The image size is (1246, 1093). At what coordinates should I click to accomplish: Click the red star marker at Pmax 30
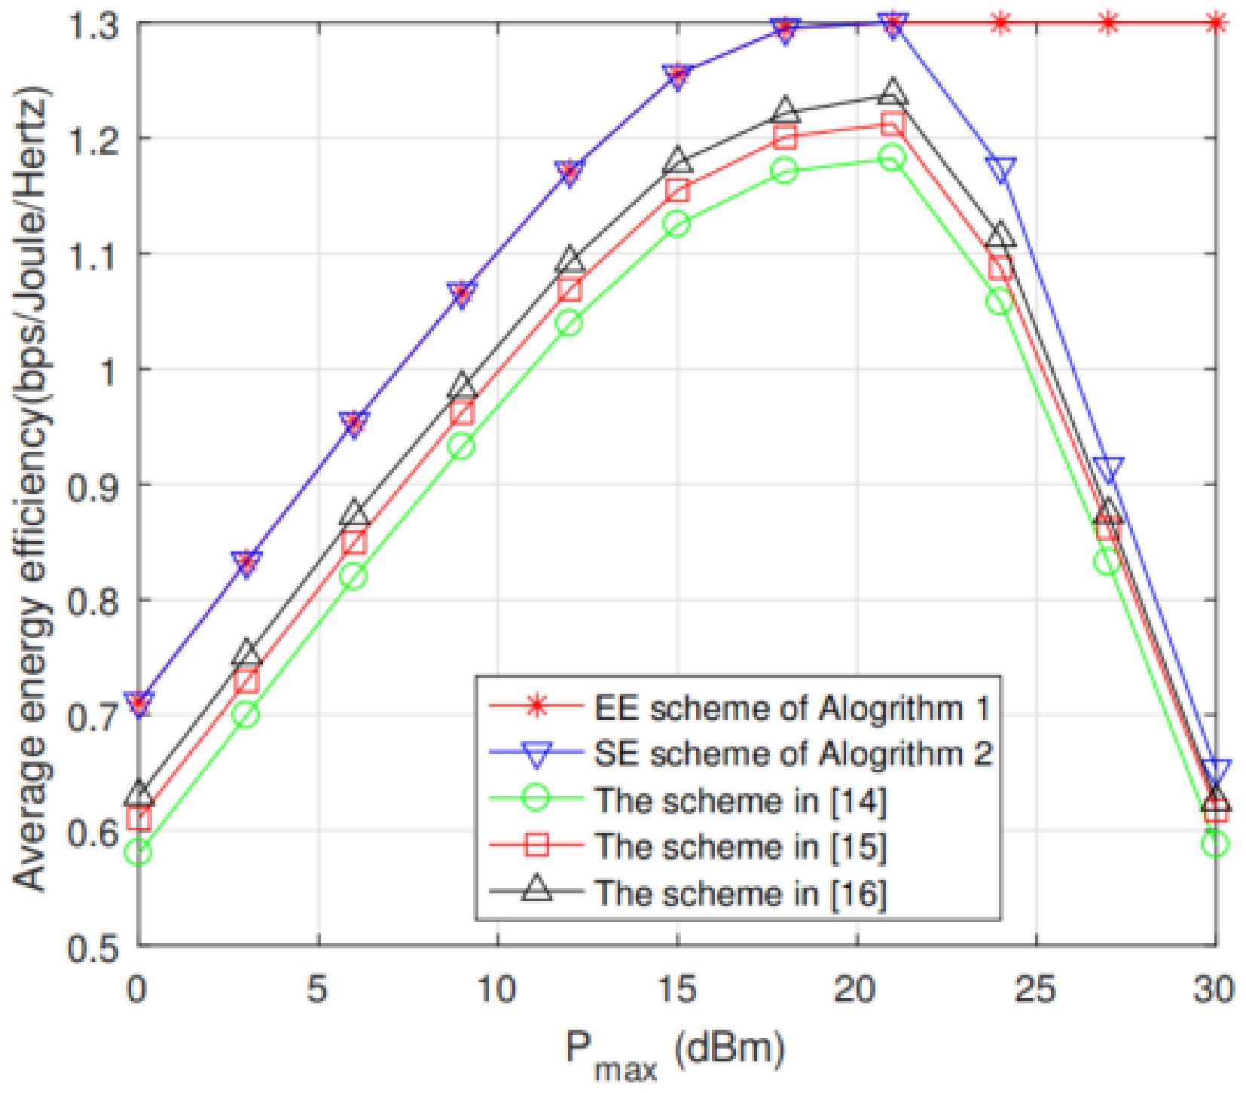[x=1215, y=23]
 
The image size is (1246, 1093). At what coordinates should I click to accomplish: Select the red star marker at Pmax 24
[x=1000, y=23]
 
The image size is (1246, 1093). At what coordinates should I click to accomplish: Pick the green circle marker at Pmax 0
[x=139, y=853]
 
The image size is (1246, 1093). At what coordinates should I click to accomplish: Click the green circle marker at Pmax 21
[x=893, y=158]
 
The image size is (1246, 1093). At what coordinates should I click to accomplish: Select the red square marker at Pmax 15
[x=677, y=191]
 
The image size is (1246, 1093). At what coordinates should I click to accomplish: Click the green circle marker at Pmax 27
[x=1107, y=561]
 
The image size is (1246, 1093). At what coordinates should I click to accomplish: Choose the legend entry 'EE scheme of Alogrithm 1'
[x=791, y=707]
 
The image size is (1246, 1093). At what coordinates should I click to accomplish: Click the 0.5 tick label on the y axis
[x=93, y=947]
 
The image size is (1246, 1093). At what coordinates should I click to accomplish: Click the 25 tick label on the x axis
[x=1036, y=989]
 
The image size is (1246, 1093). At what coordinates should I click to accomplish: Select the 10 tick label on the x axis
[x=497, y=989]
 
